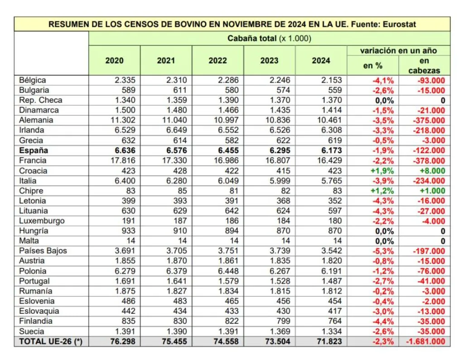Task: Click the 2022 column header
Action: pos(217,61)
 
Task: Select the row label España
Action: pos(34,150)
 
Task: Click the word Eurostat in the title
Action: pos(398,24)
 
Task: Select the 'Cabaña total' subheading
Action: pos(269,39)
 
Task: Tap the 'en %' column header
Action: pos(372,66)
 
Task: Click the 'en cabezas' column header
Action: pos(424,66)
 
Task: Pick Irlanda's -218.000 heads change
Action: pos(428,131)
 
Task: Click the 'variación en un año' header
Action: pos(399,50)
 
